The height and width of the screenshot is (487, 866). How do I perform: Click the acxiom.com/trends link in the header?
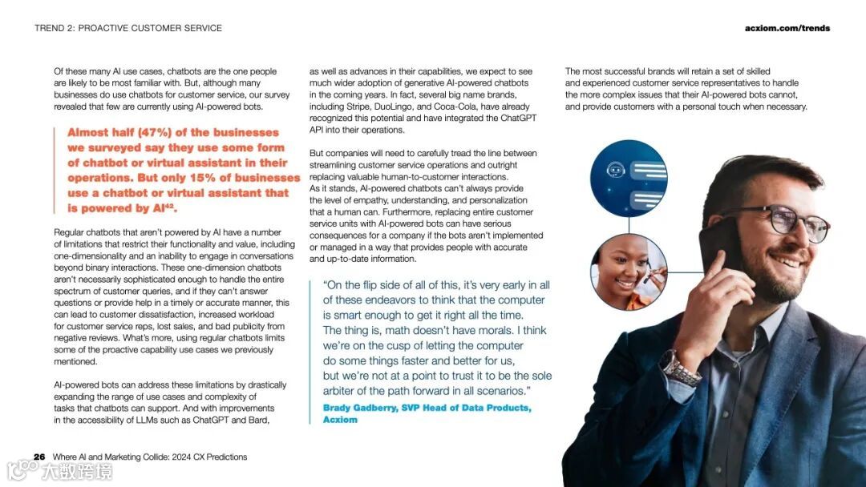[x=787, y=28]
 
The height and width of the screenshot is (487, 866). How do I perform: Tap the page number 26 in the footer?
[x=39, y=457]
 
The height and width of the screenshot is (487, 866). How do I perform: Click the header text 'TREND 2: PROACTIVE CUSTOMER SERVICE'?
[x=128, y=28]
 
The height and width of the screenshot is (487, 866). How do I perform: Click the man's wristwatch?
[x=679, y=369]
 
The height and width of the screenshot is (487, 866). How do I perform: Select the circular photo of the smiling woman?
[x=628, y=272]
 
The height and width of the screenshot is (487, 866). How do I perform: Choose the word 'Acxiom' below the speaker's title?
[x=340, y=420]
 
